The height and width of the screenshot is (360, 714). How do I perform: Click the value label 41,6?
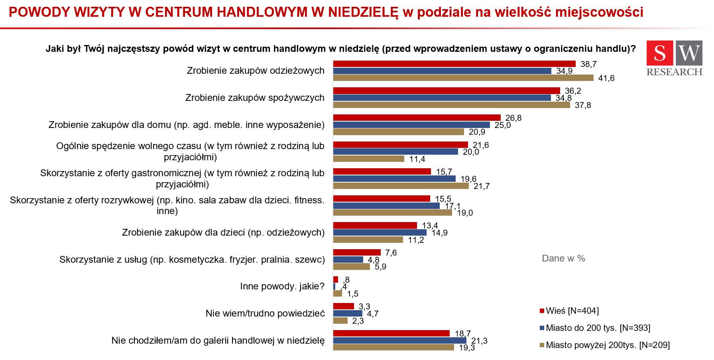(x=606, y=78)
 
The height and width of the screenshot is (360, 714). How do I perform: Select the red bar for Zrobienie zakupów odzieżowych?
(x=454, y=64)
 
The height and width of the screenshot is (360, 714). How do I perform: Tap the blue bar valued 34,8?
(x=442, y=98)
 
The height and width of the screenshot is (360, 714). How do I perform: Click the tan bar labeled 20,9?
(x=398, y=132)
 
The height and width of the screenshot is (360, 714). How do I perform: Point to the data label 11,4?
(x=417, y=159)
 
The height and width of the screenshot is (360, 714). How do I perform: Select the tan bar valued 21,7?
(x=401, y=186)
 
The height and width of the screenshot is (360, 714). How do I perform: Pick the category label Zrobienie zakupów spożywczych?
(x=255, y=98)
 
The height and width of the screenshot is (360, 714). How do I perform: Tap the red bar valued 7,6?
(x=356, y=252)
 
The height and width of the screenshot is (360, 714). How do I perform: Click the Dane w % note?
(x=563, y=258)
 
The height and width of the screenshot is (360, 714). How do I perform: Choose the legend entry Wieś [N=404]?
(x=572, y=311)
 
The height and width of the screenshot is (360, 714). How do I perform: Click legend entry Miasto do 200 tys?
(x=597, y=328)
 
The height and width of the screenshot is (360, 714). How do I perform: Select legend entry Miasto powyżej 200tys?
(x=607, y=345)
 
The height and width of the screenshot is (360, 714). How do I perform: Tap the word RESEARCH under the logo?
(x=674, y=72)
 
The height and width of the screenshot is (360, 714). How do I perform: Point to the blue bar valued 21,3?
(x=399, y=340)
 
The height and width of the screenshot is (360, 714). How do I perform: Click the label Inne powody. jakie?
(x=282, y=286)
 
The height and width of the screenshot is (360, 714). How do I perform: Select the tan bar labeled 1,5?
(x=337, y=293)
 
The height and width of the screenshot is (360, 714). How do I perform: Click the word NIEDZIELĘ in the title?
(x=363, y=12)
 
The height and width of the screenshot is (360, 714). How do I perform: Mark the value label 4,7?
(x=372, y=314)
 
